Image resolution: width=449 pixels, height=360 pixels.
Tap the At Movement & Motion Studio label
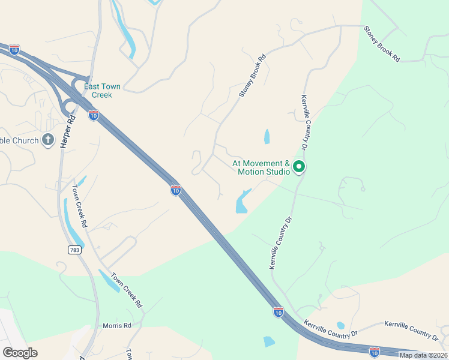point(262,167)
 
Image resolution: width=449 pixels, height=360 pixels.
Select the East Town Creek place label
point(102,91)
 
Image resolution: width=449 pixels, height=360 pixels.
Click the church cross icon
point(48,140)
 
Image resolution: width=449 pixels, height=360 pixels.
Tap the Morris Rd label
point(116,325)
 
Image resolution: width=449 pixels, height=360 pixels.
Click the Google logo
point(20,353)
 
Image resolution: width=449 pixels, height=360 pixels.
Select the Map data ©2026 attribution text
point(423,355)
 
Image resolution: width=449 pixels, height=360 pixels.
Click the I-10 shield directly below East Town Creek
point(94,115)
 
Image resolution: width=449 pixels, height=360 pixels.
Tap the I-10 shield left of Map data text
point(375,352)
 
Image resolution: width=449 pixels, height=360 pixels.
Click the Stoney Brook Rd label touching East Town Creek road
point(252,77)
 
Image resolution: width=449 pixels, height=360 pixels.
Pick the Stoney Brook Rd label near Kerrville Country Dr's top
point(382,43)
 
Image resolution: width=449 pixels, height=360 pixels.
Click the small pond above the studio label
point(267,137)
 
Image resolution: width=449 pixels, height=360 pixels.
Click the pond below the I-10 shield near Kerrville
point(269,342)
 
